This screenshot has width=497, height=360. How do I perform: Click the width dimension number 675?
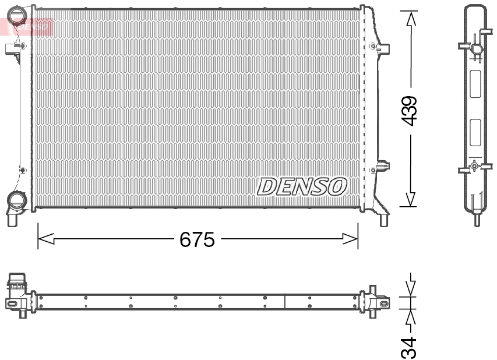(x=197, y=239)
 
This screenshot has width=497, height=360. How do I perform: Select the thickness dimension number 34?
(x=411, y=347)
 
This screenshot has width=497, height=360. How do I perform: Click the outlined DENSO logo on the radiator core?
(x=302, y=186)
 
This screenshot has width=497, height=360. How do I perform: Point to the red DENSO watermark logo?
(x=29, y=24)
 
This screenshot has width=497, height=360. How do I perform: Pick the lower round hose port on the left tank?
(x=16, y=202)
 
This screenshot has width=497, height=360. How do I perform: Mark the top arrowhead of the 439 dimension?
(x=411, y=19)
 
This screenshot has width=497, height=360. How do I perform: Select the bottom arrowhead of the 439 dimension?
(x=411, y=199)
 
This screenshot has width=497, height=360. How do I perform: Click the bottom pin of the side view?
(x=476, y=220)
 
